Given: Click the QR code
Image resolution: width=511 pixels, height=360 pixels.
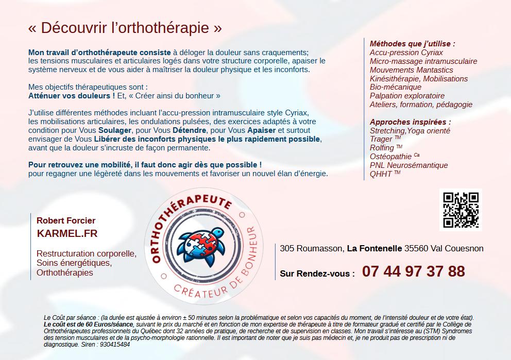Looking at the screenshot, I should coord(461,210).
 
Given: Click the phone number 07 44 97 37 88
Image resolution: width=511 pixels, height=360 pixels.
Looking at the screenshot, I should coord(413,271).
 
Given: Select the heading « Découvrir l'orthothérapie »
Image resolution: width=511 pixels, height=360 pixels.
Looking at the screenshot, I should coord(125,28).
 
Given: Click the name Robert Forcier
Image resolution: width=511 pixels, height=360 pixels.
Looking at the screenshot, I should coord(66,220).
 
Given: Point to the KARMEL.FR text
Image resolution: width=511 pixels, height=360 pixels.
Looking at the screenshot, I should coord(67,233).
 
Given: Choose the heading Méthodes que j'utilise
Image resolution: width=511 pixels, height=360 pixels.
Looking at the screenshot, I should coord(412,44).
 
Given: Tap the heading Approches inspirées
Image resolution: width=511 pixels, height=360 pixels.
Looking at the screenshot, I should coord(410,122).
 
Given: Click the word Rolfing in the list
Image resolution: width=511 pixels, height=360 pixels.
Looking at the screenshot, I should coord(382,148).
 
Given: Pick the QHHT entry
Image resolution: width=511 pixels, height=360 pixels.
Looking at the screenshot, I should coord(381,174).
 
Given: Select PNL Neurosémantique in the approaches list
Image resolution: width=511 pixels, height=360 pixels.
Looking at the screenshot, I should coord(408,165).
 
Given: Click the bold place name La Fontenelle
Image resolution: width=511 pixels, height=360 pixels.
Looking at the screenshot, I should coord(374,248).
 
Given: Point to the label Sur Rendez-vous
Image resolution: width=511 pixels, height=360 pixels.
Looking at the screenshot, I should coord(317,274).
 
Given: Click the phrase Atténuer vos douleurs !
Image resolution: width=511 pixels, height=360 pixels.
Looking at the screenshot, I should coord(71,96).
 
